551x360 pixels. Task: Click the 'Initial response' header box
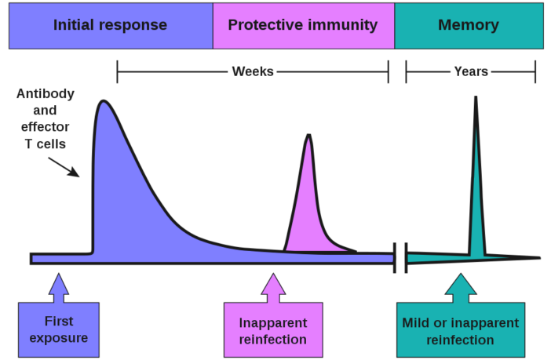110,25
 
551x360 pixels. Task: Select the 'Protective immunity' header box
303,25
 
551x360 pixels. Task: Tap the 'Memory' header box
469,25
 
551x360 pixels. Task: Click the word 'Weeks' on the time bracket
253,71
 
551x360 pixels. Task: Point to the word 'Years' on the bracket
471,71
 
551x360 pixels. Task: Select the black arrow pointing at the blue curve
64,166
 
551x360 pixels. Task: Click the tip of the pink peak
308,136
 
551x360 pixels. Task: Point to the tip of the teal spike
475,99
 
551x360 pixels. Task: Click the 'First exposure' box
59,330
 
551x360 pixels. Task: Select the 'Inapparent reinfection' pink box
273,330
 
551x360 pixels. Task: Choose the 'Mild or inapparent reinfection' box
460,331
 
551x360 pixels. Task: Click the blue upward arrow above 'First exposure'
58,287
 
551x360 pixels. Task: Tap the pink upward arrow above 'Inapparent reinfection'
273,287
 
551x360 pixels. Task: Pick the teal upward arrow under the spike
459,287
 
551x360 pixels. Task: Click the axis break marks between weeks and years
400,258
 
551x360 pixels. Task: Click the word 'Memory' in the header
469,25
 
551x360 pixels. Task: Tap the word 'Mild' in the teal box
416,322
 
